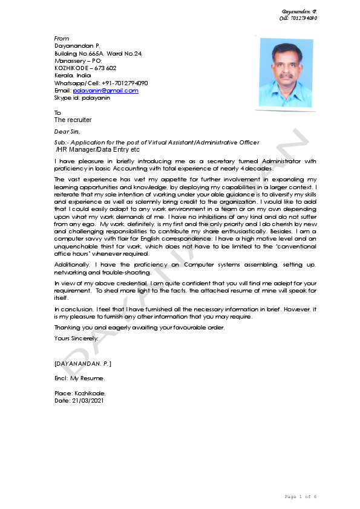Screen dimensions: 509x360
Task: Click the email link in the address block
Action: coord(105,90)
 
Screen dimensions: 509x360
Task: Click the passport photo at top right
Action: coord(287,74)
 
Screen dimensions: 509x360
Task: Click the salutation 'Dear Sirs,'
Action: coord(67,131)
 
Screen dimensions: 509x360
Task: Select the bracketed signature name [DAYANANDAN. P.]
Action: coord(82,363)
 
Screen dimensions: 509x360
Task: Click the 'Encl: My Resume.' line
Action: coord(79,378)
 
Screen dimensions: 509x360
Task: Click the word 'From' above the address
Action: coord(62,38)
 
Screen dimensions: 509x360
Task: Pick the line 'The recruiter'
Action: coord(73,120)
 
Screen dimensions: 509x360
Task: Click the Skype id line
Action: coord(82,97)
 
